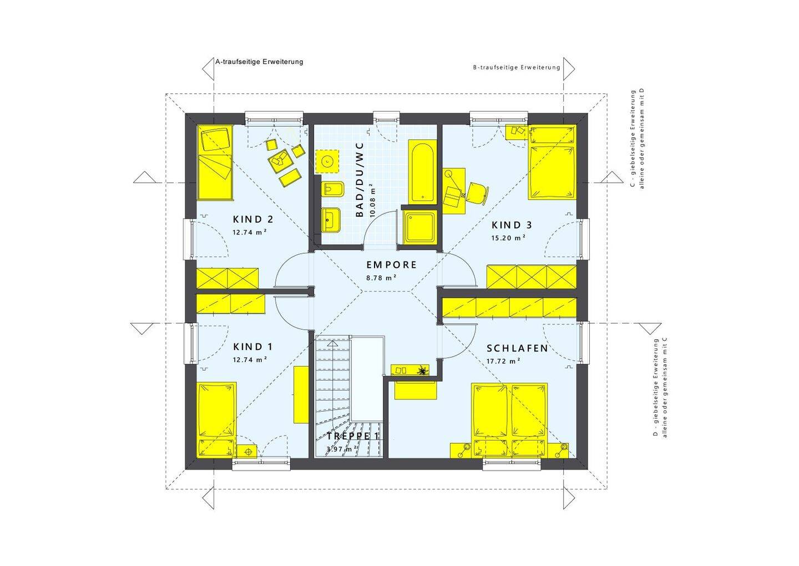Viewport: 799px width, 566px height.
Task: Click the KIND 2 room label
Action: (x=253, y=219)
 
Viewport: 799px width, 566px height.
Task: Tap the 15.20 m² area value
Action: (x=508, y=238)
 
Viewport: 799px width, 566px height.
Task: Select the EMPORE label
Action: (x=392, y=264)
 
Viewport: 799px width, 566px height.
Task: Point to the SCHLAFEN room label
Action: (x=517, y=348)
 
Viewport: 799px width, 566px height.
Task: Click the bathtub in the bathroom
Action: (x=422, y=172)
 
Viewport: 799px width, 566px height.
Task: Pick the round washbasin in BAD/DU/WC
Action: (x=327, y=162)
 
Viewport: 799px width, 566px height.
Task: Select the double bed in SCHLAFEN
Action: (x=509, y=420)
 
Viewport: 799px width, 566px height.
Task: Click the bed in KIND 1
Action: (x=216, y=420)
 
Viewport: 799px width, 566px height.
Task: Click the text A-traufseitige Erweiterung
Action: (x=259, y=62)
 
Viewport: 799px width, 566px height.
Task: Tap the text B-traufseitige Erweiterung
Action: (x=517, y=67)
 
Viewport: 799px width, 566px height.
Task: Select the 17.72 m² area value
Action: (x=503, y=361)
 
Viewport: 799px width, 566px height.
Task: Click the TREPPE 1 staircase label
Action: (x=352, y=436)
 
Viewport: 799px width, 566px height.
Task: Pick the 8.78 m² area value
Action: (x=381, y=278)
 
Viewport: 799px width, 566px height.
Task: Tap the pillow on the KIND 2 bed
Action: (x=215, y=140)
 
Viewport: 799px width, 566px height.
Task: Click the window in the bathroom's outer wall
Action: (x=387, y=117)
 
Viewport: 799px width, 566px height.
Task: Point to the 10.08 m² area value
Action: (x=372, y=201)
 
